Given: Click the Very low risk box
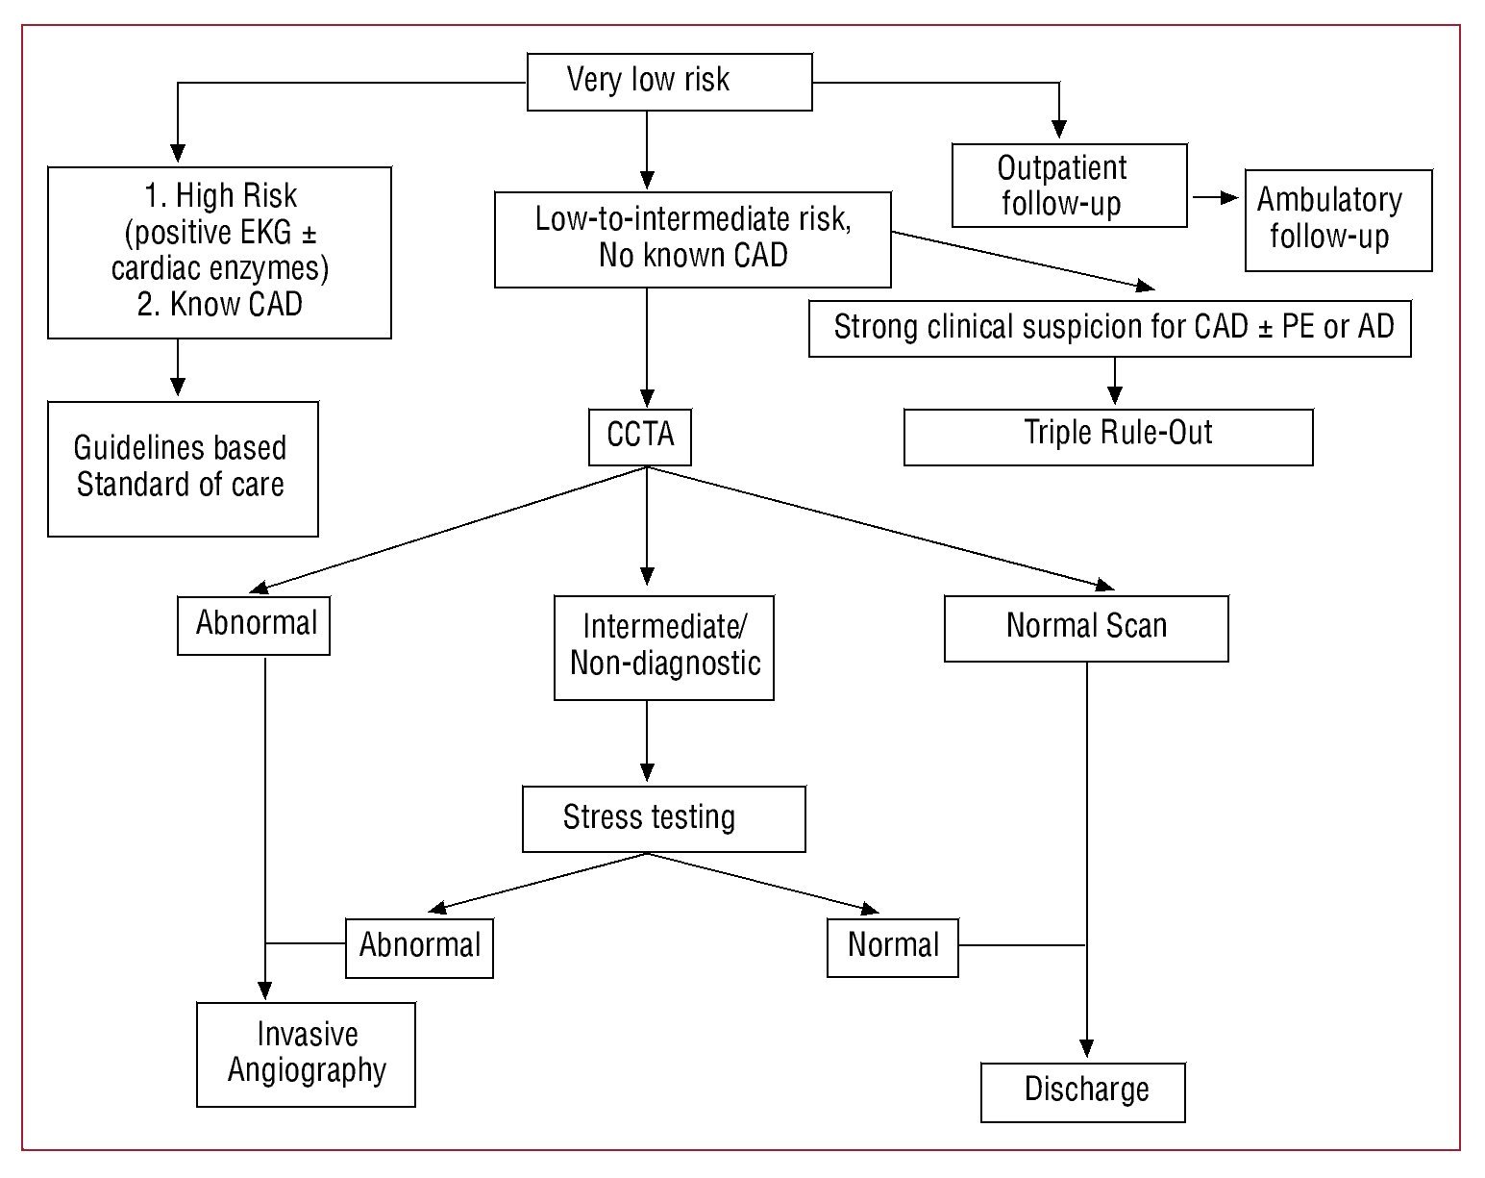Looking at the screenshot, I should pyautogui.click(x=669, y=82).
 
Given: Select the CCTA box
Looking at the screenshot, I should pyautogui.click(x=639, y=438).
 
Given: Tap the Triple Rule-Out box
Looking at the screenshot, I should pyautogui.click(x=1107, y=437).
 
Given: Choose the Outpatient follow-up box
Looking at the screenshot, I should pyautogui.click(x=1068, y=186).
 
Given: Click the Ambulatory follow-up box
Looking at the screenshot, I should pyautogui.click(x=1337, y=220).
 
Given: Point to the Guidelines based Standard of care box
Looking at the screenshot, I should pyautogui.click(x=183, y=468).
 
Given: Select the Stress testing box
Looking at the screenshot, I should pyautogui.click(x=663, y=818).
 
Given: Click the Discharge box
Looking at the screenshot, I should pyautogui.click(x=1082, y=1091).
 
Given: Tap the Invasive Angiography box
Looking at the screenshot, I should pyautogui.click(x=306, y=1054).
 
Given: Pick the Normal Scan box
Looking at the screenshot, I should pyautogui.click(x=1085, y=628).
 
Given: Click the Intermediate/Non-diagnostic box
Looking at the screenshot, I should pyautogui.click(x=663, y=646).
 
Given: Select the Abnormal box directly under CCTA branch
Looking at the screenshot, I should pyautogui.click(x=254, y=625).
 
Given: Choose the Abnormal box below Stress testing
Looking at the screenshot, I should pyautogui.click(x=419, y=947).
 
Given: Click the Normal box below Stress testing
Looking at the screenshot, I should pyautogui.click(x=892, y=947).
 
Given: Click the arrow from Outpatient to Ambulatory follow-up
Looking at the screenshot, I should pyautogui.click(x=1215, y=198).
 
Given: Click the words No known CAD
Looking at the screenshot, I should pyautogui.click(x=692, y=256).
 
